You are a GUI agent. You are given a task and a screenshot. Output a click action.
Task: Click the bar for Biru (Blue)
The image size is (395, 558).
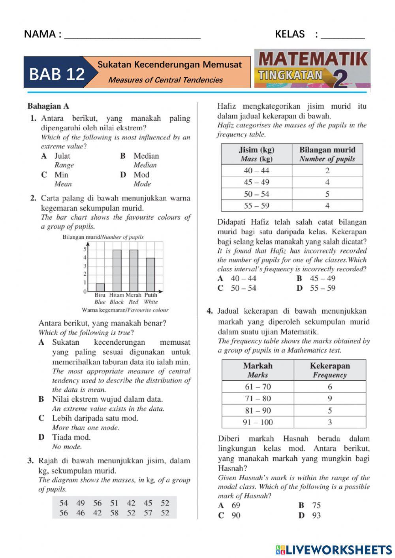pyautogui.click(x=100, y=287)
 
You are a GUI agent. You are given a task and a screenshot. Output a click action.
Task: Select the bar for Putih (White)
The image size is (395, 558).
pyautogui.click(x=150, y=274)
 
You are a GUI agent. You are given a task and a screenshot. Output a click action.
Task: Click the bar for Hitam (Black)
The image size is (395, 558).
pyautogui.click(x=117, y=271)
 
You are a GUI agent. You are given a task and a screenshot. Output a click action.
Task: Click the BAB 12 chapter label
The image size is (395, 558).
pyautogui.click(x=57, y=73)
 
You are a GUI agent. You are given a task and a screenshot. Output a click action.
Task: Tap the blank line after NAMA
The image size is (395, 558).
pyautogui.click(x=132, y=35)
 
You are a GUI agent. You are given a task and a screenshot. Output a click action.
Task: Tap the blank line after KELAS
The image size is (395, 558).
pyautogui.click(x=342, y=35)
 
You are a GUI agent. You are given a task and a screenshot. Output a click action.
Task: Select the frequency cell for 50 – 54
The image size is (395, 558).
pyautogui.click(x=327, y=194)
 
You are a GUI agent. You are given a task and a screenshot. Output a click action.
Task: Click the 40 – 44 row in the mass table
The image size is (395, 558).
pyautogui.click(x=257, y=171)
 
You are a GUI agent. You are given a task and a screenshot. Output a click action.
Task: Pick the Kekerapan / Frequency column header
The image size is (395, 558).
pyautogui.click(x=329, y=370)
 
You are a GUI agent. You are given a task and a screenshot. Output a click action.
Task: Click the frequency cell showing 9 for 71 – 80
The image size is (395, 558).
pyautogui.click(x=329, y=398)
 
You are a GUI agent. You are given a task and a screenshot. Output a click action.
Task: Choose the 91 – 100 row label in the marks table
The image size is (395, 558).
pyautogui.click(x=258, y=422)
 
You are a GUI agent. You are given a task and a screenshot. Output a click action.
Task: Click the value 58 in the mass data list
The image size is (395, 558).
pyautogui.click(x=114, y=513)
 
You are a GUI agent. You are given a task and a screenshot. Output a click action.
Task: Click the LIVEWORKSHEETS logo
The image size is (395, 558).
pyautogui.click(x=334, y=550)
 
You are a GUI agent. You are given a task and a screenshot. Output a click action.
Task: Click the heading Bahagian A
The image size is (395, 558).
pyautogui.click(x=48, y=106)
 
